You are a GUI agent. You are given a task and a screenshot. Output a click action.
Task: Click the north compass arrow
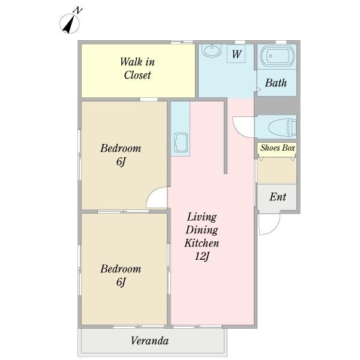tap(69, 24)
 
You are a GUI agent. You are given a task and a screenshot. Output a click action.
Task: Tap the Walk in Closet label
tap(137, 68)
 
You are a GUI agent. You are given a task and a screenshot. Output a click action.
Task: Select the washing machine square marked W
tap(236, 54)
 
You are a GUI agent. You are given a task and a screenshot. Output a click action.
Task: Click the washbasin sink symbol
tap(211, 50)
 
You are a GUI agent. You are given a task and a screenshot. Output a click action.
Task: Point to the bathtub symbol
tap(278, 56)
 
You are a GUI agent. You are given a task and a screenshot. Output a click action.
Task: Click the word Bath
tap(276, 83)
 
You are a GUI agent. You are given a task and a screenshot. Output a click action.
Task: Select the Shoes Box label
tap(278, 148)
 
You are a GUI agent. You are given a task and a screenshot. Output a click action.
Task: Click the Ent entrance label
tap(278, 197)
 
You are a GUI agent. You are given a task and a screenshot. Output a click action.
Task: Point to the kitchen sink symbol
tap(181, 143)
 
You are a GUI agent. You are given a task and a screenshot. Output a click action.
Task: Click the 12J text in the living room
tap(202, 256)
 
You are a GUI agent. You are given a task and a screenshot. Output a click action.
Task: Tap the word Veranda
tap(149, 340)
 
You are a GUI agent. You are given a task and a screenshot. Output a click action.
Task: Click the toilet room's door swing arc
tap(238, 131)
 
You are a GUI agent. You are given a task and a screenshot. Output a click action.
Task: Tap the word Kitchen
tap(202, 243)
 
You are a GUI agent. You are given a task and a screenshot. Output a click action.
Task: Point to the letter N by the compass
tap(77, 11)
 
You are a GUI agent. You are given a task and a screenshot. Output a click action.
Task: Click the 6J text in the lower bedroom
tap(121, 282)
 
